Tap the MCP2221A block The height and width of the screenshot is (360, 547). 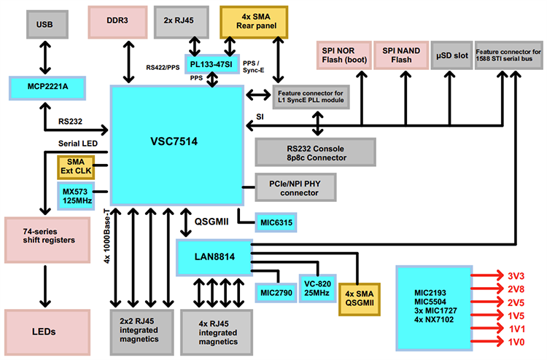[48, 87]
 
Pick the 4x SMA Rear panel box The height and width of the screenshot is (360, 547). [254, 23]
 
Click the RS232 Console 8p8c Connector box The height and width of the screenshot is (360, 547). [315, 152]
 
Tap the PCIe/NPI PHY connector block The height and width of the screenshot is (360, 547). [299, 188]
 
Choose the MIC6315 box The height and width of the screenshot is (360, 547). [275, 224]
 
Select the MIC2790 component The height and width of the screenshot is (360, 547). [274, 292]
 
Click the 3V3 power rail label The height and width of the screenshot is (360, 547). [516, 277]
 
